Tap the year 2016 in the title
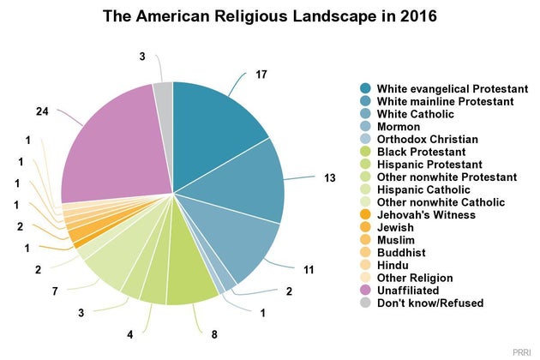(416, 16)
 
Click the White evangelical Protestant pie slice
(214, 120)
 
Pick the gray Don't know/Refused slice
(164, 94)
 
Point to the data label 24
(43, 111)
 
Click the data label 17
(262, 75)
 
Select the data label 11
(309, 271)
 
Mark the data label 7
(55, 292)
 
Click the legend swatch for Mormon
(365, 127)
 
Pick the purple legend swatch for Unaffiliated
(365, 291)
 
